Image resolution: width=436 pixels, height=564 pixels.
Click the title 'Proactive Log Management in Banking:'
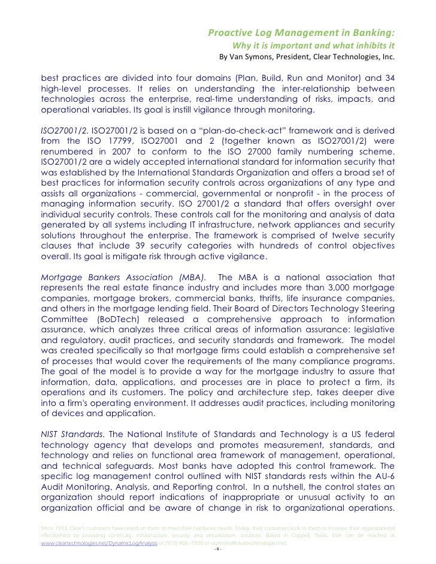(301, 32)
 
